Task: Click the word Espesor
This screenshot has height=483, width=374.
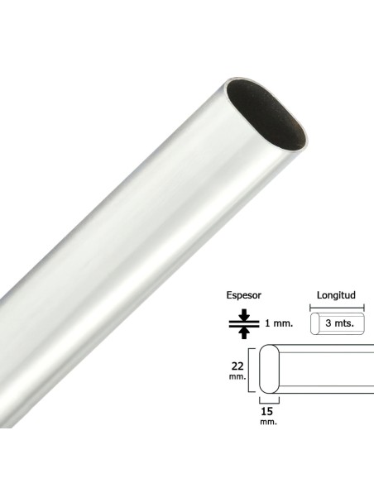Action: point(244,295)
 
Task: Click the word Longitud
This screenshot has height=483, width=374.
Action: point(336,295)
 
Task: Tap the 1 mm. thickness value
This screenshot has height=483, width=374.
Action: point(279,323)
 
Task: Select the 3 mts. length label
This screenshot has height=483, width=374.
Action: point(340,323)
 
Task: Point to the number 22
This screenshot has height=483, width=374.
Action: point(237,366)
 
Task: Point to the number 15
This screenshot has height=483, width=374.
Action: point(266,411)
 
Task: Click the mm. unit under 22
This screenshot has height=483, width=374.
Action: point(237,376)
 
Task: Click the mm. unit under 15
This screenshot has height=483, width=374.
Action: point(268,422)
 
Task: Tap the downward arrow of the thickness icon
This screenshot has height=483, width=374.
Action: point(244,314)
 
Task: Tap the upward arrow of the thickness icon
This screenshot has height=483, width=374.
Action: point(244,332)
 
